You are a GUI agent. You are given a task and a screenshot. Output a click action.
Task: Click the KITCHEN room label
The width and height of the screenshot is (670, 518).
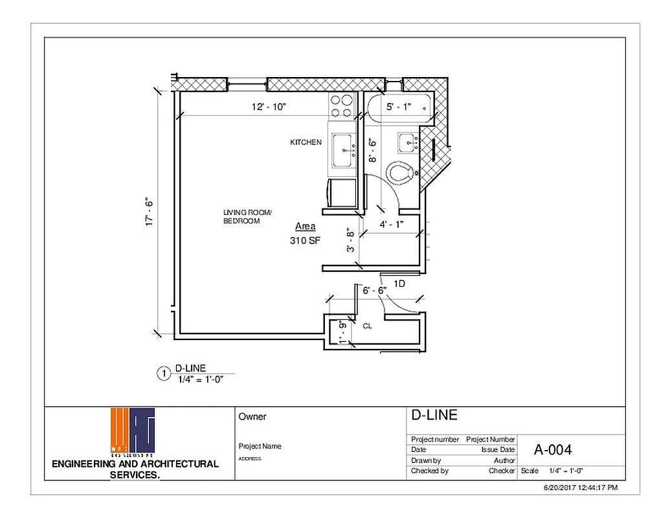coord(306,142)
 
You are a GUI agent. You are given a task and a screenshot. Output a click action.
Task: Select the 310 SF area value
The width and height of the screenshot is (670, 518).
coord(306,240)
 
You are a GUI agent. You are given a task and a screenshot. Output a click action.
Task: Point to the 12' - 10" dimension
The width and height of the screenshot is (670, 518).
coord(269,107)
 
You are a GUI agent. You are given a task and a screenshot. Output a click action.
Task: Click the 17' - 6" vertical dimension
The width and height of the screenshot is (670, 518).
coord(150,211)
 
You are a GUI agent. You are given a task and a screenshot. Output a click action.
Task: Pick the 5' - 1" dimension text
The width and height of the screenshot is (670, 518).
coord(399,107)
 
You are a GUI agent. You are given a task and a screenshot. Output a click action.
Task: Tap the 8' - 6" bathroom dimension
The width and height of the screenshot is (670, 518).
coord(372,150)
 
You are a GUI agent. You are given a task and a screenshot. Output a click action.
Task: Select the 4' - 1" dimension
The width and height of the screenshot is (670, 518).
coord(391,225)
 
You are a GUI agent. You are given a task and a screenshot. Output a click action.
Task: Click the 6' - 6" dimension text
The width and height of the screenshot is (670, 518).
coord(374,291)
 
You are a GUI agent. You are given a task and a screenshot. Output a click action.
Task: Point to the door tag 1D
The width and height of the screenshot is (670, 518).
coord(399,283)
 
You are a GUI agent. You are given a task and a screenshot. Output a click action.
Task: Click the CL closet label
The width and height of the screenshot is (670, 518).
coord(367,326)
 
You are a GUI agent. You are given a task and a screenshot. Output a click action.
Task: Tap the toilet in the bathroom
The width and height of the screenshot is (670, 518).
coord(401,174)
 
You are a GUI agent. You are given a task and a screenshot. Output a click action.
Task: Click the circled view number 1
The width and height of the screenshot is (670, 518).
coord(164,373)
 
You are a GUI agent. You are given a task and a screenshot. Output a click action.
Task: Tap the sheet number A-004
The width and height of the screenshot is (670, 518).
coord(552,449)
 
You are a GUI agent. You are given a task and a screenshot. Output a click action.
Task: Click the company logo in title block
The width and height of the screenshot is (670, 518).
coord(133,431)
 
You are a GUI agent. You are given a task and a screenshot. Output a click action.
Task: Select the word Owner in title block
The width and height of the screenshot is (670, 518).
coord(252,417)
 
